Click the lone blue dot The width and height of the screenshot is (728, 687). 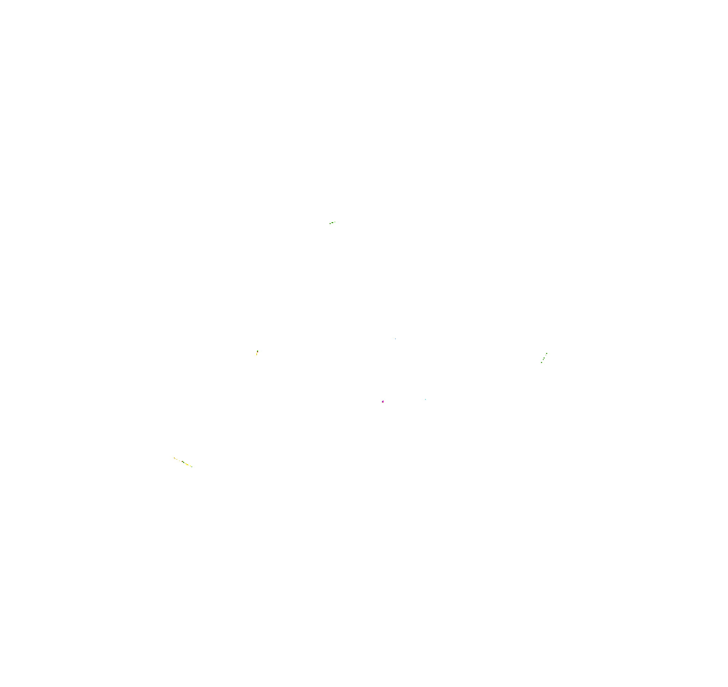395,339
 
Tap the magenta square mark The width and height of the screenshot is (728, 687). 383,402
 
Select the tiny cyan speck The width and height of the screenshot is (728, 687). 425,399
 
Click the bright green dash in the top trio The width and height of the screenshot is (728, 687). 335,222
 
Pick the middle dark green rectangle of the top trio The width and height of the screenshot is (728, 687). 333,223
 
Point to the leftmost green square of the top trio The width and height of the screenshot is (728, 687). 330,223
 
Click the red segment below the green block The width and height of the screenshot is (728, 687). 258,352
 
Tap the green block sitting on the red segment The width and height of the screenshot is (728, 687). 258,351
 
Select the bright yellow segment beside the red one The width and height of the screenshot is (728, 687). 257,354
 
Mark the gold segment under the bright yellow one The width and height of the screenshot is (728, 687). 257,355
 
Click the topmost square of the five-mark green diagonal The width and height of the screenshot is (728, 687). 547,354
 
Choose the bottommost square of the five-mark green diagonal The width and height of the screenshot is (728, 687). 542,363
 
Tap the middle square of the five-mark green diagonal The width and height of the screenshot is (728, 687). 544,358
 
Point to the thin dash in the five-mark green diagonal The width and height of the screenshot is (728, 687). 546,355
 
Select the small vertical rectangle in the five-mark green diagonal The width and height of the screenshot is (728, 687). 544,360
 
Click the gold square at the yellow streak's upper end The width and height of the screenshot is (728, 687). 174,458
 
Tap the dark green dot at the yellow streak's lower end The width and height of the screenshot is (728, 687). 192,467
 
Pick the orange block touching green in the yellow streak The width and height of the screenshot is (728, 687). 182,462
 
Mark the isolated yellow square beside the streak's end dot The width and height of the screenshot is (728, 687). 191,466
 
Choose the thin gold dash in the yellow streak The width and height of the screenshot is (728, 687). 180,461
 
